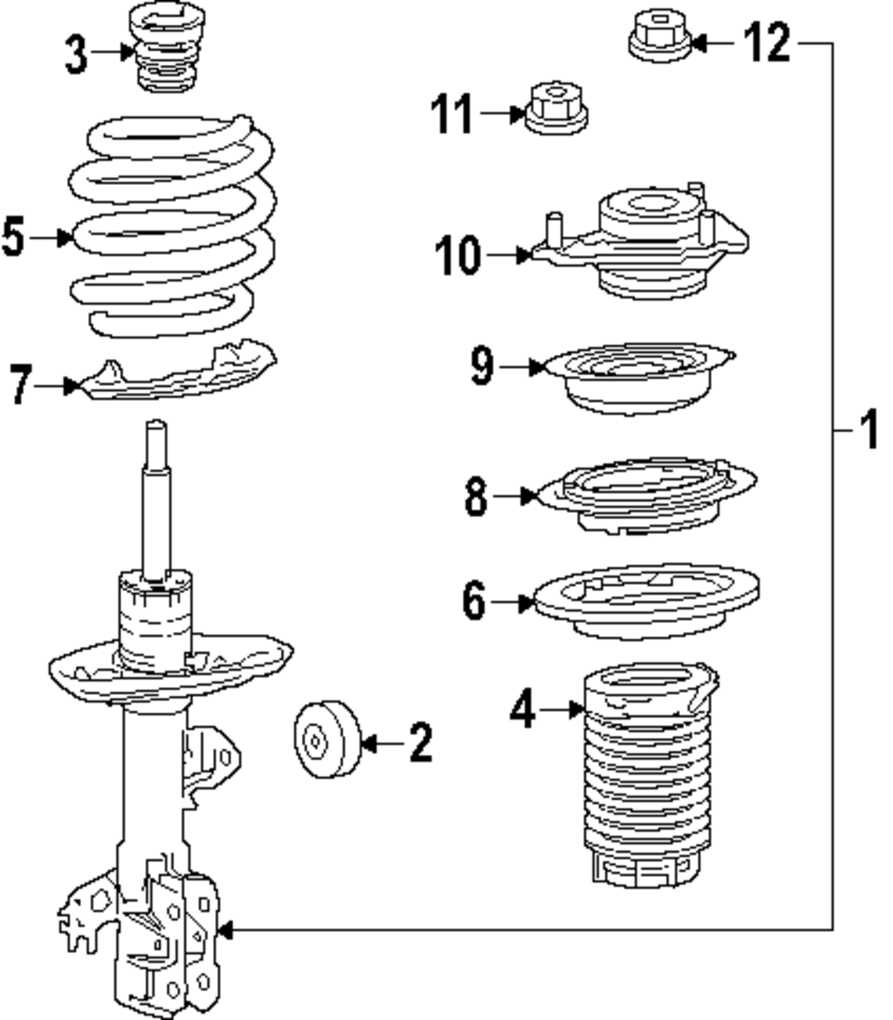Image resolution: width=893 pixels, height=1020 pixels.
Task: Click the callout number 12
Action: pos(768,42)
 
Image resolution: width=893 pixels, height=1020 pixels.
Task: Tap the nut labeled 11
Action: pos(554,109)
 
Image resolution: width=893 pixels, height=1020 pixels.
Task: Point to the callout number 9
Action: pos(482,366)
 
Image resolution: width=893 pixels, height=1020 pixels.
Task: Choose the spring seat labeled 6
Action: pos(646,601)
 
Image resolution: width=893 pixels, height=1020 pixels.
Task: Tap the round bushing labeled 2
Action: pos(326,740)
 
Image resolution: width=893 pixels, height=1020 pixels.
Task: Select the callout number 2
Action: pos(421,743)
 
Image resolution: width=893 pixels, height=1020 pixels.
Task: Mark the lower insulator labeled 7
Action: pos(179,375)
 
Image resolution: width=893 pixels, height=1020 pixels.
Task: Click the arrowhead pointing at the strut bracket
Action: pos(225,931)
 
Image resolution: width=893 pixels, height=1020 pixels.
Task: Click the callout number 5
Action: pos(13,238)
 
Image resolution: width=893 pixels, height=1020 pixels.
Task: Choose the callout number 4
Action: pos(523,710)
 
